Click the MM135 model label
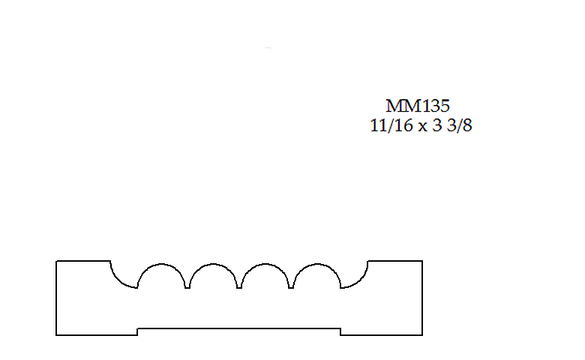click(x=418, y=106)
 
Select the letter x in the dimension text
click(x=422, y=127)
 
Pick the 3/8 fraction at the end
click(x=460, y=125)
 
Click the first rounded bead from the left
click(x=161, y=264)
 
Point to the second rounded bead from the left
click(x=213, y=264)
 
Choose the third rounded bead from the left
click(x=265, y=264)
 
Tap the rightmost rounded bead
click(x=316, y=264)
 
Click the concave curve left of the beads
click(x=119, y=280)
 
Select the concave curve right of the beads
click(x=359, y=280)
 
